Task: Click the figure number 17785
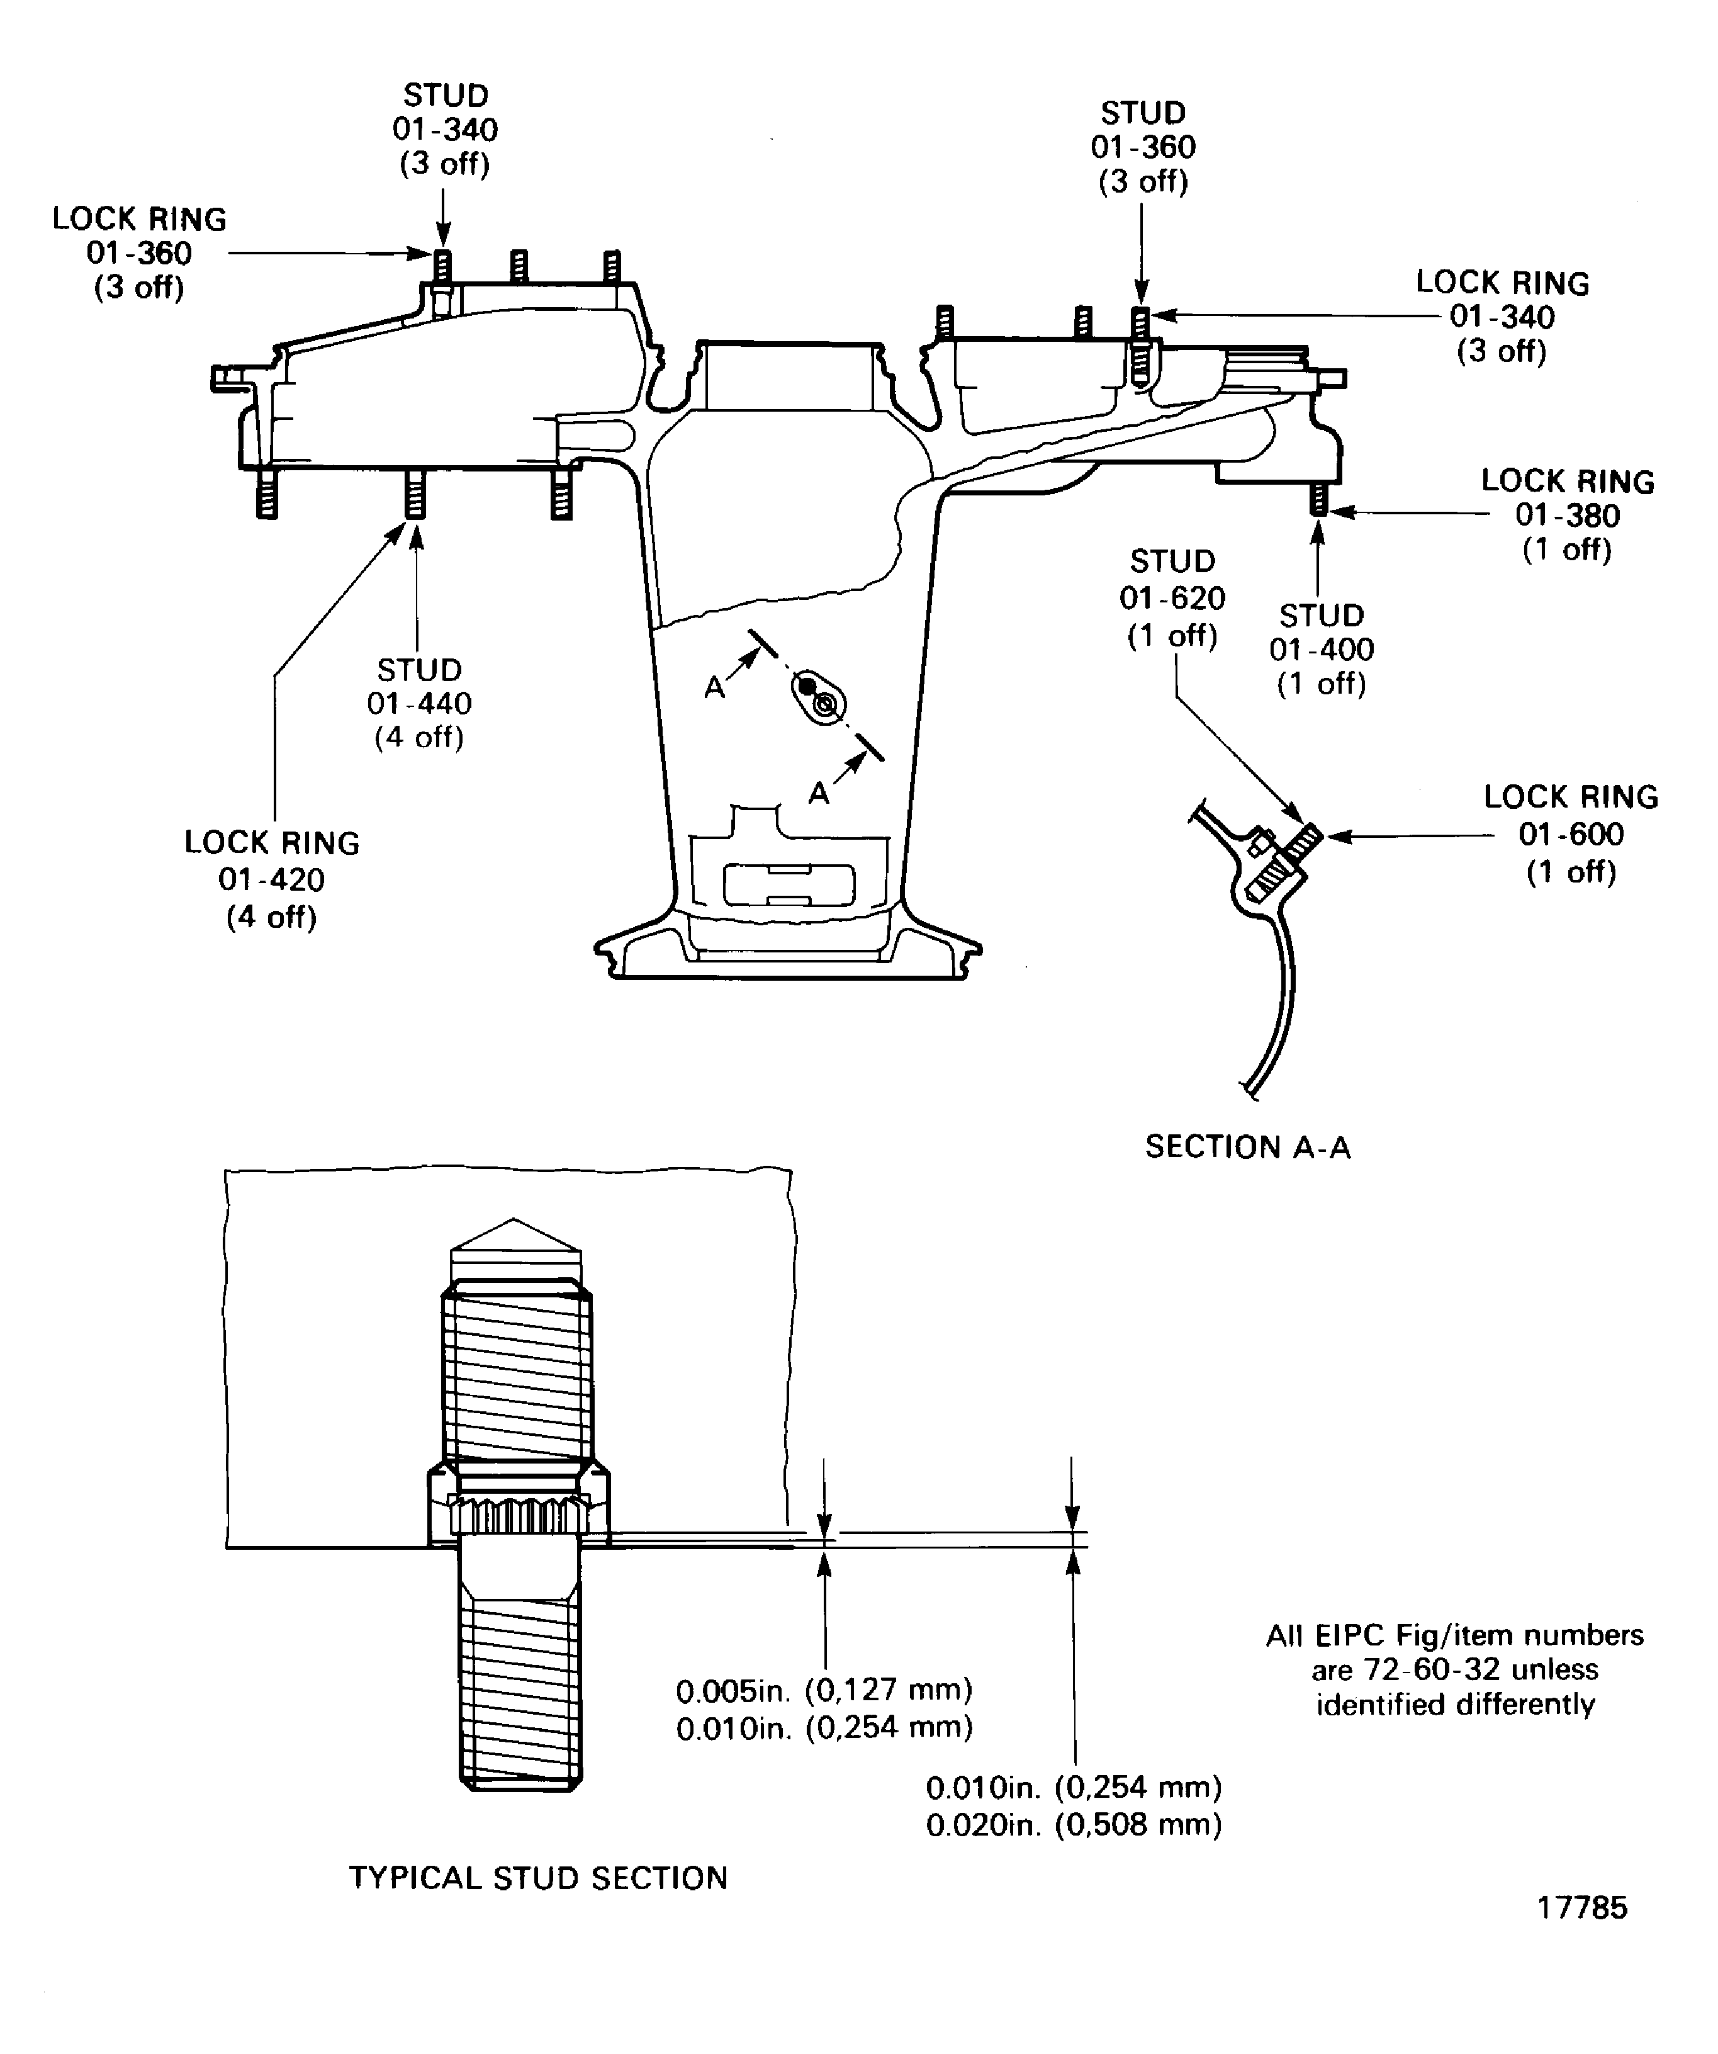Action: pyautogui.click(x=1582, y=1907)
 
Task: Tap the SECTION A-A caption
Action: pyautogui.click(x=1248, y=1146)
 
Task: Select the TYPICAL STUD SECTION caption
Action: pyautogui.click(x=538, y=1877)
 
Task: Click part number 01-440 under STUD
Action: pyautogui.click(x=420, y=703)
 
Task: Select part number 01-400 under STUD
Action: pyautogui.click(x=1321, y=650)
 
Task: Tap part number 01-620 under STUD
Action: pyautogui.click(x=1172, y=597)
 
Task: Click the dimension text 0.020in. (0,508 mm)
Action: pyautogui.click(x=1074, y=1824)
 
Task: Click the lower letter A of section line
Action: pyautogui.click(x=819, y=793)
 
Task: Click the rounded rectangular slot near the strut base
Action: pyautogui.click(x=788, y=885)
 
